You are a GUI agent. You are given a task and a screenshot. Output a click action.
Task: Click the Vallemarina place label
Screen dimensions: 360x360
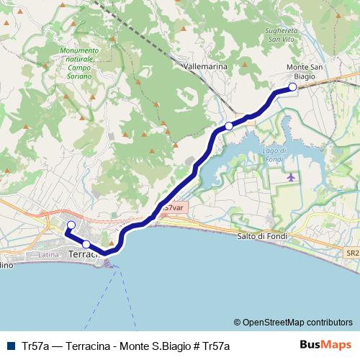(x=206, y=66)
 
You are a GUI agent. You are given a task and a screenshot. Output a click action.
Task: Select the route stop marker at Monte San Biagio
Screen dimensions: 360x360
(x=292, y=88)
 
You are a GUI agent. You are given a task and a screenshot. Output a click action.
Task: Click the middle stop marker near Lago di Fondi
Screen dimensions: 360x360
(x=229, y=126)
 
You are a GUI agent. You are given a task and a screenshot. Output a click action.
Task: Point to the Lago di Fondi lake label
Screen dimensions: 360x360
(x=275, y=154)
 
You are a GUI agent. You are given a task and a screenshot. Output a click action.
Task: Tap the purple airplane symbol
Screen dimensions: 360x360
(x=291, y=177)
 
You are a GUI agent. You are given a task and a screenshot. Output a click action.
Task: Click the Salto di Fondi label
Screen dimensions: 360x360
(x=261, y=236)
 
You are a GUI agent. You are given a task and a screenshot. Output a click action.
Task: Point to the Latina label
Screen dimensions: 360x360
(x=49, y=255)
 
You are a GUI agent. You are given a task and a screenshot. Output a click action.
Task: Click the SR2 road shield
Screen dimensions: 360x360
(x=351, y=253)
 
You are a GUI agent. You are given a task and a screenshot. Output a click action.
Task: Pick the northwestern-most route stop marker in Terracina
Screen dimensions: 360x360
(x=71, y=226)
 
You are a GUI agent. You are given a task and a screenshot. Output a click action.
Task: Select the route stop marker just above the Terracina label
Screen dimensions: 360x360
(x=86, y=244)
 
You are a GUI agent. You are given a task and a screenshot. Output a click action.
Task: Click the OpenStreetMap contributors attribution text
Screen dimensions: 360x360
(x=293, y=323)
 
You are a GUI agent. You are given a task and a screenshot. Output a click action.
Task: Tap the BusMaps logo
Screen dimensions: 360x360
(x=325, y=345)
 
